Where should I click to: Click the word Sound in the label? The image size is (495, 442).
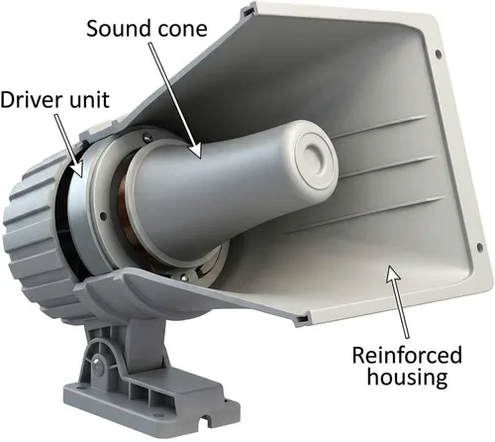[x=119, y=29]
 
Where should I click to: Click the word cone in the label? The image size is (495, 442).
[x=182, y=29]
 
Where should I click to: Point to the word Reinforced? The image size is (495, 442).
[x=407, y=355]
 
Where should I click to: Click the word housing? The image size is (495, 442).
[x=408, y=377]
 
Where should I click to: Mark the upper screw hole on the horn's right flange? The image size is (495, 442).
[x=438, y=53]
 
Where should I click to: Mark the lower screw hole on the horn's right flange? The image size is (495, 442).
[x=479, y=246]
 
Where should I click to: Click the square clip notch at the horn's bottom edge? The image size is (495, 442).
[x=302, y=318]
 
